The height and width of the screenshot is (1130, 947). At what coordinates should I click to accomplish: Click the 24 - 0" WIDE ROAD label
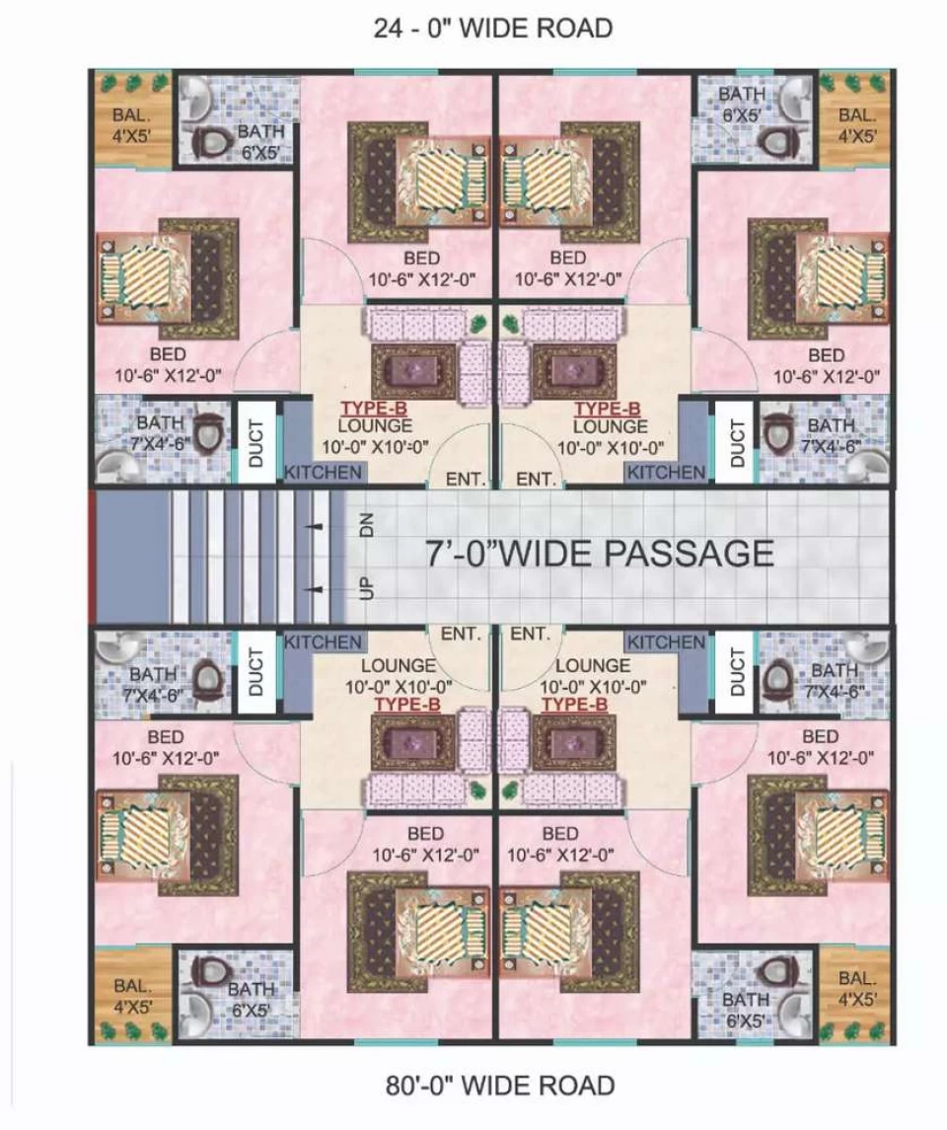point(492,28)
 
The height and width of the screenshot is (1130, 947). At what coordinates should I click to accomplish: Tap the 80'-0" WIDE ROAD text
point(500,1085)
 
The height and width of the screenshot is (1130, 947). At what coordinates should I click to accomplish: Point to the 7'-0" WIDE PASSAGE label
point(599,554)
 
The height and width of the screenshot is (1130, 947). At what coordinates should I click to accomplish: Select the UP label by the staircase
point(366,587)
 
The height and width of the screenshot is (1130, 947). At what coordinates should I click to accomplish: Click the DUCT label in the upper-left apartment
point(255,443)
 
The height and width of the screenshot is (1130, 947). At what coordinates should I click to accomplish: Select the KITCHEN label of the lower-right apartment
point(666,642)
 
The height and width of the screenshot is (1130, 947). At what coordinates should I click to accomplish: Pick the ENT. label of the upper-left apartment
point(466,479)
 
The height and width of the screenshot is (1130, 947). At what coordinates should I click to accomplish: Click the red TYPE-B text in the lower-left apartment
point(407,704)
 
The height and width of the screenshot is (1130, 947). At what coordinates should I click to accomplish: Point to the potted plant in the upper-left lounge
point(477,323)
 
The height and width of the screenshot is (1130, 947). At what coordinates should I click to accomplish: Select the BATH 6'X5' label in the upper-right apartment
point(741,105)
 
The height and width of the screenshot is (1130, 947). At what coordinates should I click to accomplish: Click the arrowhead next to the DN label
point(315,527)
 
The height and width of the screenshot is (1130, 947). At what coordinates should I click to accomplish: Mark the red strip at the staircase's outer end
point(92,557)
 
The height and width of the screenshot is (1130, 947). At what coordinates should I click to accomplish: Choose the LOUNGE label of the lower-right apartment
point(593,664)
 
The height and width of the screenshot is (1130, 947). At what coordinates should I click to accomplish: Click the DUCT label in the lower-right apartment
point(736,671)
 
